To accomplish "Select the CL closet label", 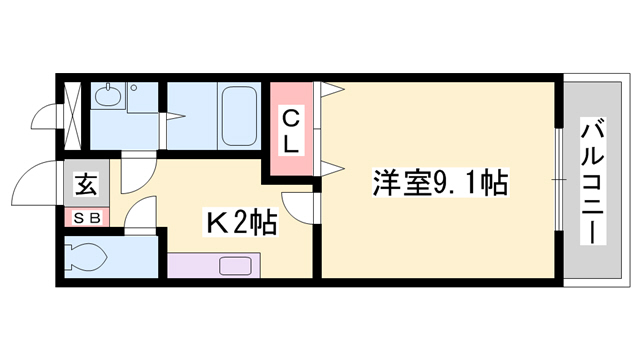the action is tap(289, 130).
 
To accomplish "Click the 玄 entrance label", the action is tap(86, 185).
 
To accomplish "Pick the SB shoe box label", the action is tap(86, 216).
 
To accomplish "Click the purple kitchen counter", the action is tap(213, 265).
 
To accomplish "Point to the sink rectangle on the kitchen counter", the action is tap(236, 265).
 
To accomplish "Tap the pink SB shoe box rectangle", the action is tap(86, 216).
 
